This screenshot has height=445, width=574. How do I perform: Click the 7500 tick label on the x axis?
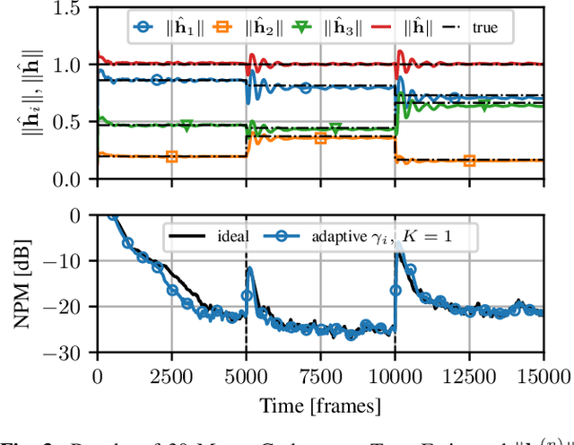click(320, 374)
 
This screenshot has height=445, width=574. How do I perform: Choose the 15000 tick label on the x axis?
click(544, 374)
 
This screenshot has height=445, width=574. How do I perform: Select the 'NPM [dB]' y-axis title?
click(24, 284)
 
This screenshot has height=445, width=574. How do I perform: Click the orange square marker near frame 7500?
click(320, 139)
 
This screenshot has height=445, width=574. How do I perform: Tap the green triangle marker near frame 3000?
click(187, 126)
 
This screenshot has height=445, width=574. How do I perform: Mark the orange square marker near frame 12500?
click(469, 161)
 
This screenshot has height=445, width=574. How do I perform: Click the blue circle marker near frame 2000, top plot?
click(157, 80)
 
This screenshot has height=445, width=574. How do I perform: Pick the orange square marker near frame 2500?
click(171, 156)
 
